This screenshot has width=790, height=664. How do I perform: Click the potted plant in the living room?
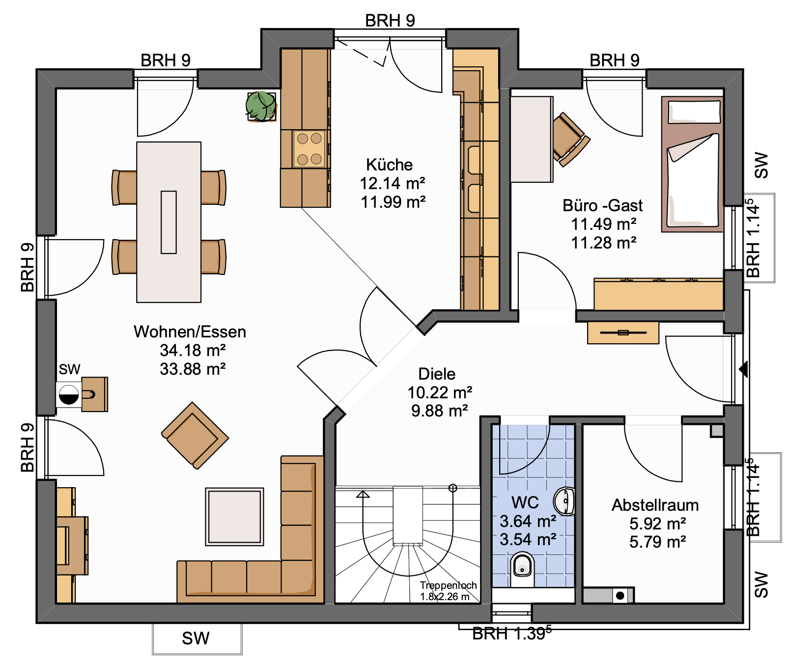(261, 106)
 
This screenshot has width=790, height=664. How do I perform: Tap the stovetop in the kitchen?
(309, 148)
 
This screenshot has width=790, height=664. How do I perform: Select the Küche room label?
(389, 165)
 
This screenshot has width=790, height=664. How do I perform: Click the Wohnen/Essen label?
(190, 332)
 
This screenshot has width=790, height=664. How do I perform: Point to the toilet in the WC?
(522, 568)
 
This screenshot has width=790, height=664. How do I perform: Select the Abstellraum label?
(655, 505)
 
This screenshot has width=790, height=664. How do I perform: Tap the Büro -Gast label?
(602, 205)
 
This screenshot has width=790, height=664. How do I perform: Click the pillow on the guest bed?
(694, 111)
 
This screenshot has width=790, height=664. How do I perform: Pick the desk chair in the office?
(570, 139)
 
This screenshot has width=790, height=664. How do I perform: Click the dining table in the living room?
(169, 222)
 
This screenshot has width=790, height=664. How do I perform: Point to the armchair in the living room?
(195, 435)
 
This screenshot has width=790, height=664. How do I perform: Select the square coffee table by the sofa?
(234, 517)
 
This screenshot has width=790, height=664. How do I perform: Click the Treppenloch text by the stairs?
(448, 585)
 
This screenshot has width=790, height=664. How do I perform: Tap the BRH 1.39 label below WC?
(511, 634)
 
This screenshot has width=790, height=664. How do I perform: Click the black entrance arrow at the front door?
(743, 369)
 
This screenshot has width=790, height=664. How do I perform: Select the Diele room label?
(437, 374)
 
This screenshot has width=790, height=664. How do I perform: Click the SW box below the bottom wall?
(197, 638)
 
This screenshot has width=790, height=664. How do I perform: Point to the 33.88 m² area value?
(193, 369)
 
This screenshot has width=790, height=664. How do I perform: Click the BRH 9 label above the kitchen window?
(390, 21)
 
